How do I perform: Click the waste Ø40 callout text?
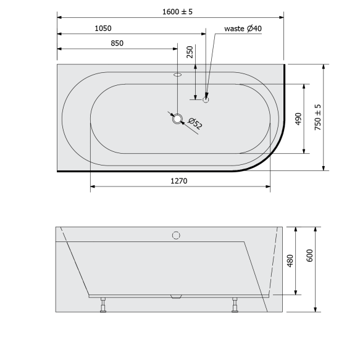click(x=243, y=28)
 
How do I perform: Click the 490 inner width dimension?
click(x=298, y=119)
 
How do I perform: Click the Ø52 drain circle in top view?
click(x=178, y=119)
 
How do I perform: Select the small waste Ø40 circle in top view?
click(x=206, y=98)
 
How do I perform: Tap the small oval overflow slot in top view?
click(x=178, y=75)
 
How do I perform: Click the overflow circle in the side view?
click(x=176, y=235)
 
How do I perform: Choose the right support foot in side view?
click(x=235, y=304)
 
